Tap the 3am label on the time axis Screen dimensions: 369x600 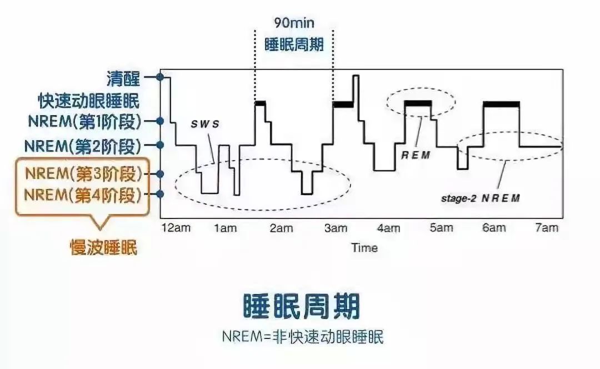click(336, 228)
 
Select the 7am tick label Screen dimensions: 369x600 click(547, 228)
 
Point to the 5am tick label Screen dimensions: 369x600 click(441, 228)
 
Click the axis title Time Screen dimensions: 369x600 click(364, 248)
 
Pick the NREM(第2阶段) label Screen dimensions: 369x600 click(83, 146)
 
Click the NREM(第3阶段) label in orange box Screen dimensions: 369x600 click(83, 173)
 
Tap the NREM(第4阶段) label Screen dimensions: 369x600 click(83, 195)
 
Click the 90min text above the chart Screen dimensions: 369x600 click(293, 23)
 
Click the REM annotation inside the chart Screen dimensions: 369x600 click(415, 156)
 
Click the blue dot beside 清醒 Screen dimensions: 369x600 click(161, 77)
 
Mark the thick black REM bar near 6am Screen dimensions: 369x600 click(501, 104)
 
